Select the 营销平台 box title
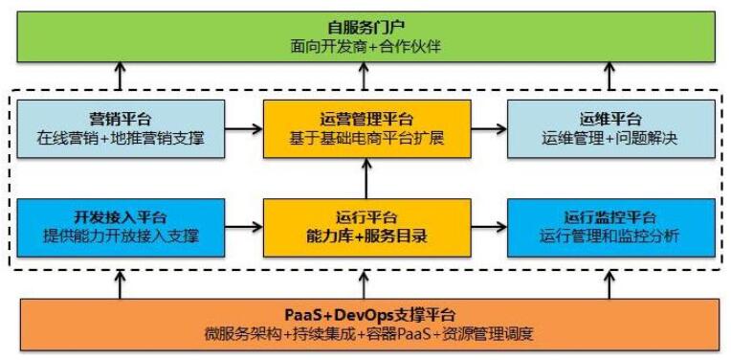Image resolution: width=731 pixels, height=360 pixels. [120, 118]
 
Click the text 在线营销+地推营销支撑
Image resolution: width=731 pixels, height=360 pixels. [120, 138]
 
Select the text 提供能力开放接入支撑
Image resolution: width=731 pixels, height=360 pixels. [120, 236]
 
